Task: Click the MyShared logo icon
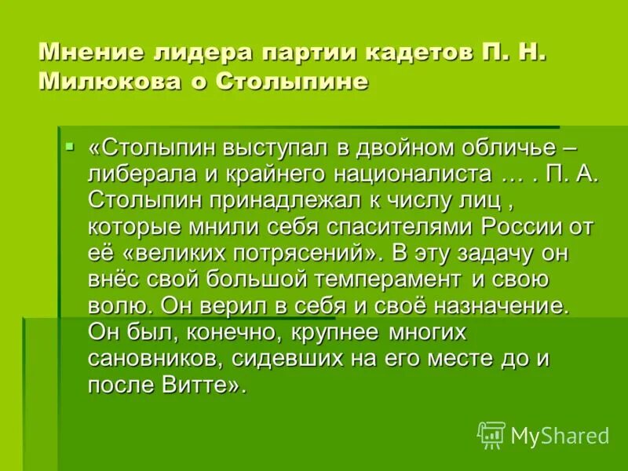(x=491, y=434)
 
